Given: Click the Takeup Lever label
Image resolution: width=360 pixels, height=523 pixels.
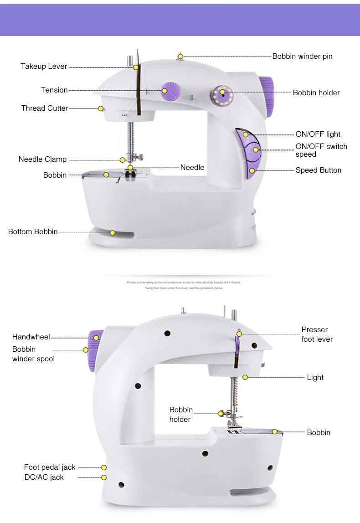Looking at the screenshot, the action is click(44, 67).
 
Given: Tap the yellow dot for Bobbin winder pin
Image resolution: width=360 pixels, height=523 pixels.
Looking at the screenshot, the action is click(180, 56).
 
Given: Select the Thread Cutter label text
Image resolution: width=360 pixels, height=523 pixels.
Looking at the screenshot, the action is click(45, 108).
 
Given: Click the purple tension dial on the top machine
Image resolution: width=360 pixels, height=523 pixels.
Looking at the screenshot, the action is click(171, 90).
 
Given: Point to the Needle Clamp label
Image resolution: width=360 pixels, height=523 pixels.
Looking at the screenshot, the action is click(42, 159).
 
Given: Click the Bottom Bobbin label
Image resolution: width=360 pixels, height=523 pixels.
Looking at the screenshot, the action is click(33, 232).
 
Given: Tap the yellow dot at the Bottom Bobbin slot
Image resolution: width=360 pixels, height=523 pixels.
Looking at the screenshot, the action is click(112, 232).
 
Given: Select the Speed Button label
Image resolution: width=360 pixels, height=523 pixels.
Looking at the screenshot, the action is click(318, 170).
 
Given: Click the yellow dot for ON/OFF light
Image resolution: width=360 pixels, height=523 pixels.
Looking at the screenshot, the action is click(246, 134).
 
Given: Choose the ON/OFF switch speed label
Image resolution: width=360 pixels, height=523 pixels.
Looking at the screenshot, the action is click(321, 150).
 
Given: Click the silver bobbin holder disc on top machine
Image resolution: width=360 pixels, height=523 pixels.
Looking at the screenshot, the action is click(222, 95).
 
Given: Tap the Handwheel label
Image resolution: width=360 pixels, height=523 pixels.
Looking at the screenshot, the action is click(31, 337).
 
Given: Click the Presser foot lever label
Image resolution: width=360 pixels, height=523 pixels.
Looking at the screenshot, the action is click(317, 334).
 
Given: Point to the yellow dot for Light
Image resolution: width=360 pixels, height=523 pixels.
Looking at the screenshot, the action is click(245, 377).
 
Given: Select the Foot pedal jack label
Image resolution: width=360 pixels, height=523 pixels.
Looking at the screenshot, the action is click(50, 467).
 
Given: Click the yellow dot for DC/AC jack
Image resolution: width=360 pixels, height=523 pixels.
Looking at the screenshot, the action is click(104, 477).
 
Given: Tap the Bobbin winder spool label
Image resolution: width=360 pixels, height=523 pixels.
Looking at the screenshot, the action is click(33, 354).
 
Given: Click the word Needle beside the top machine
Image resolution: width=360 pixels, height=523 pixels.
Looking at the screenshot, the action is click(192, 168).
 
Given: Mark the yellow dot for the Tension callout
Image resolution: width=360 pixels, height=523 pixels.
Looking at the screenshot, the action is click(164, 90).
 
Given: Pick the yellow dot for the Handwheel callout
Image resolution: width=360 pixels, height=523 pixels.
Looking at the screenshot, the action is click(96, 338).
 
